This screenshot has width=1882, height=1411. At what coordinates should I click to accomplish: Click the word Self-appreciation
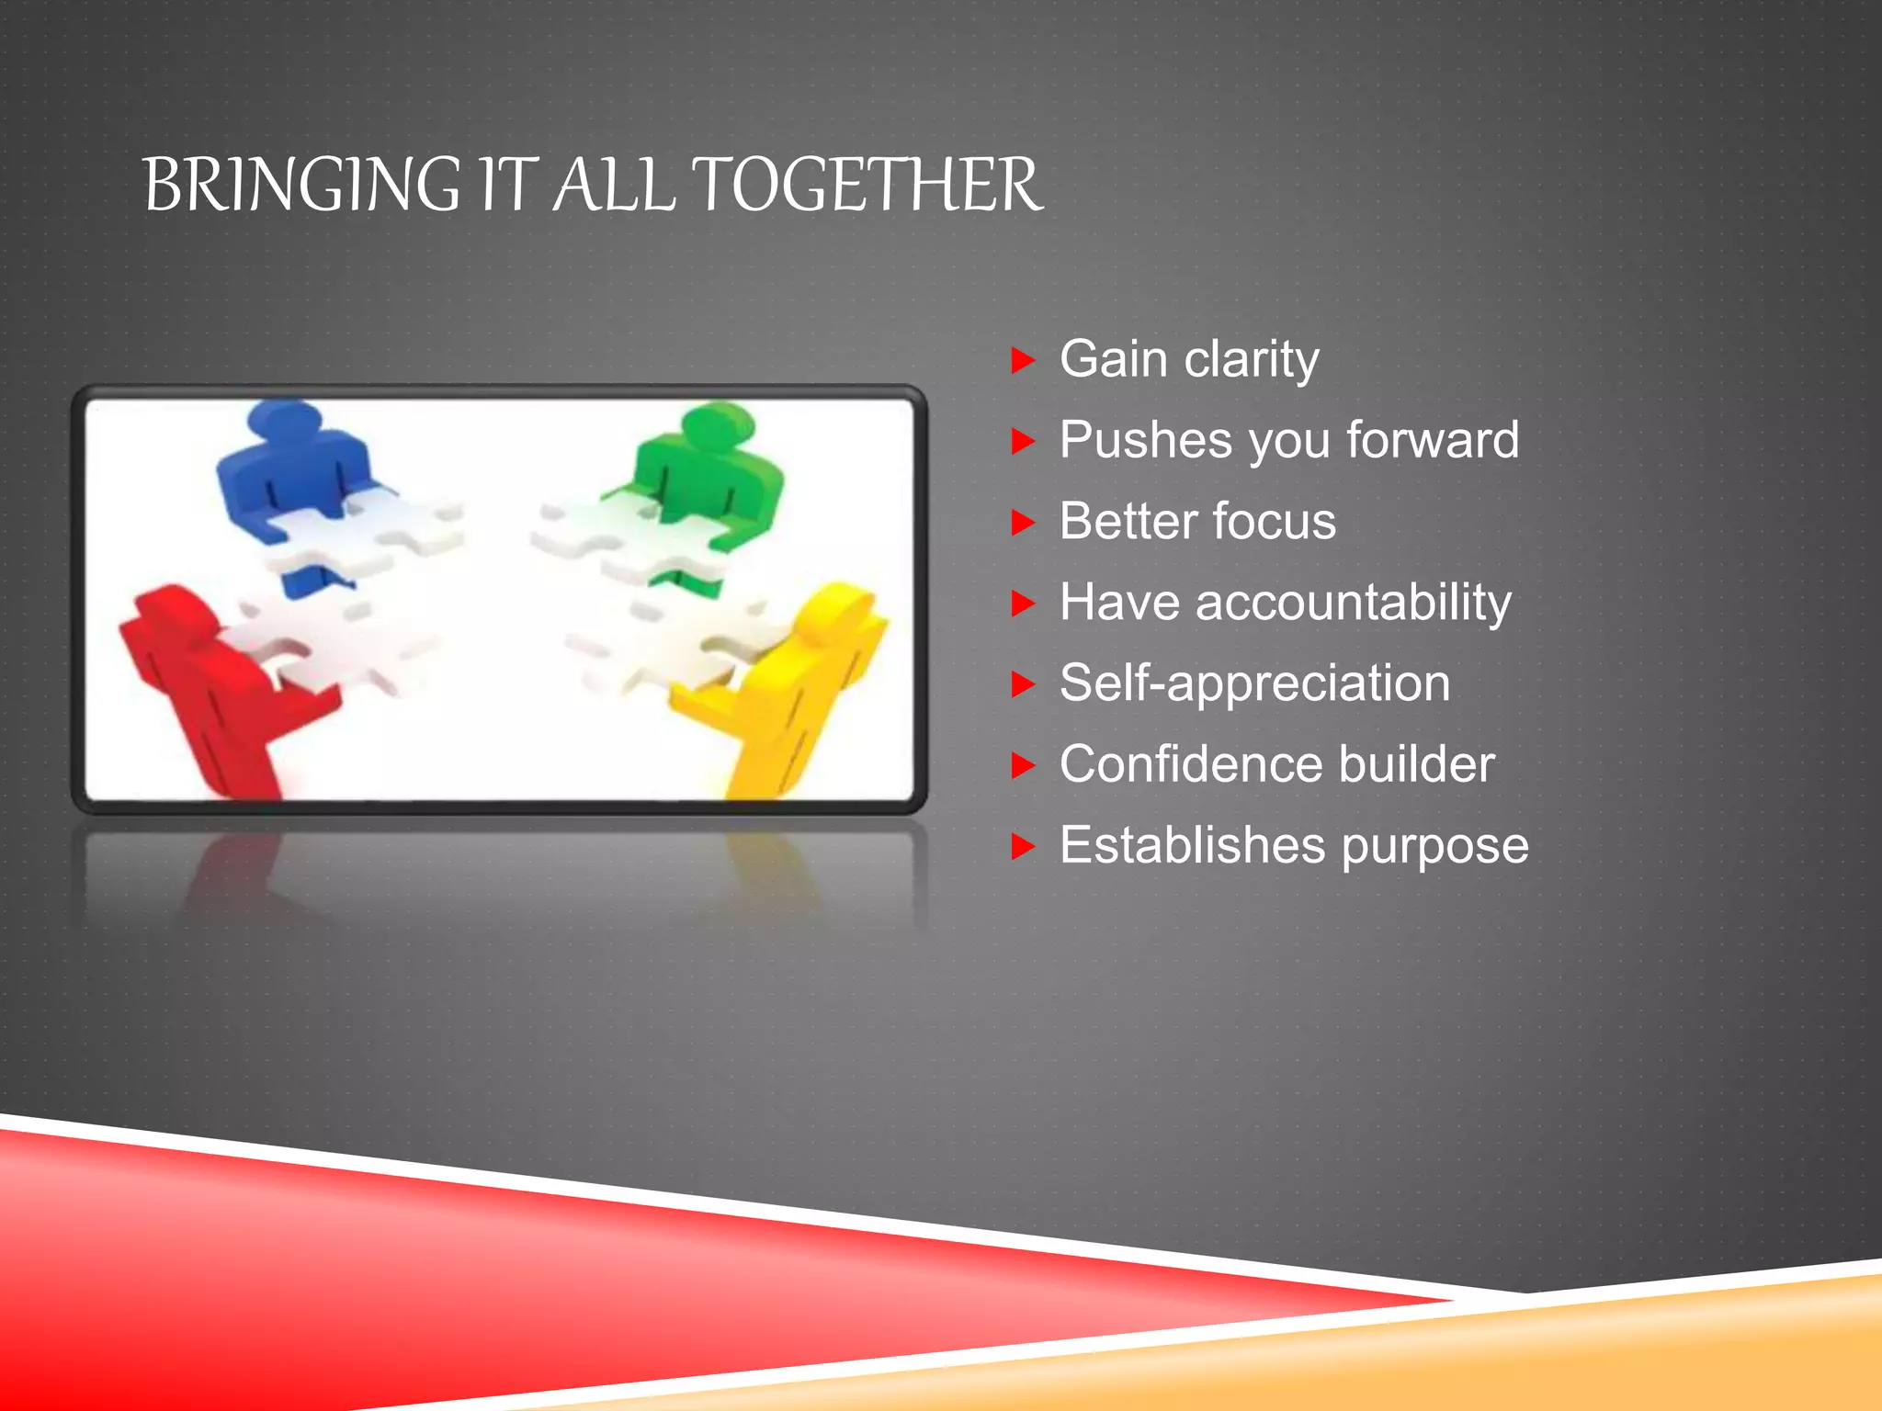(x=1254, y=683)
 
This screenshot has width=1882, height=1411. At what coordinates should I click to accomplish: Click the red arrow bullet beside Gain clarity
(x=1022, y=360)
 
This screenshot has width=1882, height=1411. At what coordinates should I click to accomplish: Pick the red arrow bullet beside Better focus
(x=1022, y=523)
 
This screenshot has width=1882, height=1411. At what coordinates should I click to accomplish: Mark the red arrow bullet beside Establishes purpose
(x=1022, y=846)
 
